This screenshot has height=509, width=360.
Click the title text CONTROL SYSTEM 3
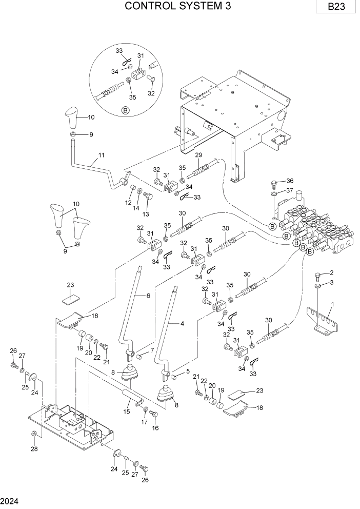(x=178, y=7)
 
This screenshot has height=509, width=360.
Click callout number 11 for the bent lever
(x=101, y=154)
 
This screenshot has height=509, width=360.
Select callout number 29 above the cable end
(x=198, y=154)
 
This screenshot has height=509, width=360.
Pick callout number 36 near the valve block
(x=290, y=181)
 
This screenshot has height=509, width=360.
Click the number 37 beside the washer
(x=290, y=191)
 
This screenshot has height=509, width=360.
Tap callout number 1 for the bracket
(x=332, y=304)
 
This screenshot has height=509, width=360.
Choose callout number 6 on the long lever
(x=148, y=296)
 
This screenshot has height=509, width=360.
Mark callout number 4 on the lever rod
(x=181, y=323)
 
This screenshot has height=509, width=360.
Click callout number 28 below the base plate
(x=34, y=450)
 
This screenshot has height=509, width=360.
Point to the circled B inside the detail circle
(x=125, y=110)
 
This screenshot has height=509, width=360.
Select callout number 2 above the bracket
(x=332, y=273)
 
